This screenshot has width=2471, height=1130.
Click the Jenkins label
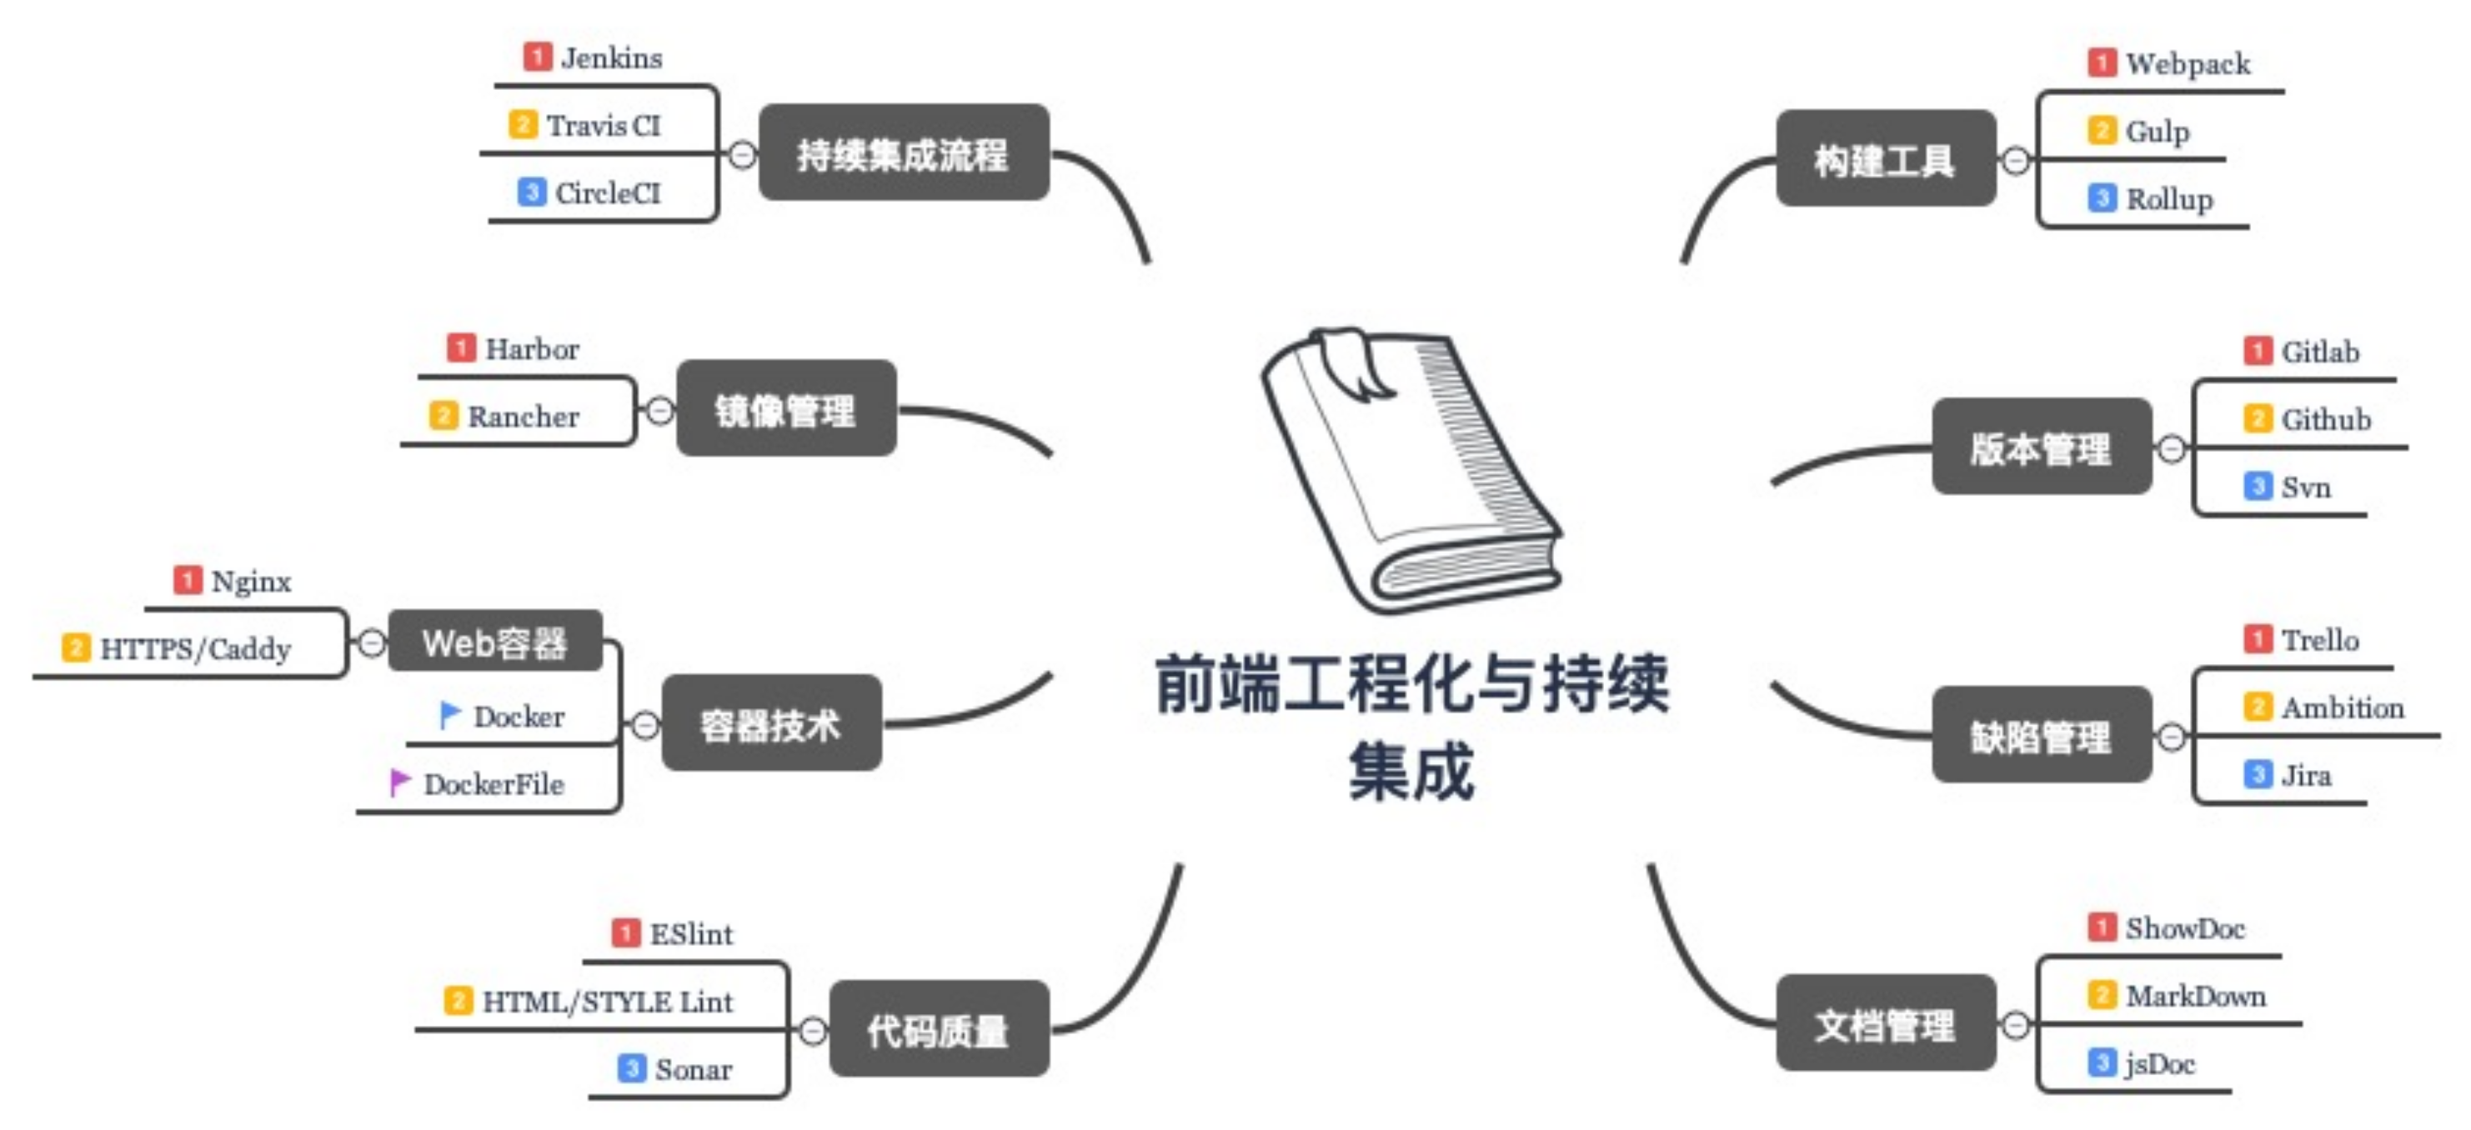pyautogui.click(x=611, y=58)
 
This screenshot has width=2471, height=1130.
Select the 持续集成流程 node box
pyautogui.click(x=903, y=153)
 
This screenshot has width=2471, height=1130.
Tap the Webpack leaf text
pyautogui.click(x=2187, y=64)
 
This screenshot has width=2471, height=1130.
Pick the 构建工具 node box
pyautogui.click(x=1885, y=159)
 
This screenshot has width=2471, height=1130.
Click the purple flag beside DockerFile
pyautogui.click(x=399, y=782)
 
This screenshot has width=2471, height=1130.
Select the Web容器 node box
pyautogui.click(x=495, y=642)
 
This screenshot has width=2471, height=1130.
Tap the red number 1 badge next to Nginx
pyautogui.click(x=187, y=580)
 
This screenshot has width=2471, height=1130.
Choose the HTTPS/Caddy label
pyautogui.click(x=196, y=649)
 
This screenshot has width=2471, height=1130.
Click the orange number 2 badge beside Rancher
pyautogui.click(x=442, y=415)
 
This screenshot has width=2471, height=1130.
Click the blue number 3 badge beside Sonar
pyautogui.click(x=631, y=1067)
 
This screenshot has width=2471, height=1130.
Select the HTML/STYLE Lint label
pyautogui.click(x=607, y=1002)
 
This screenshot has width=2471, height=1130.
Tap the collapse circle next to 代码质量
pyautogui.click(x=813, y=1031)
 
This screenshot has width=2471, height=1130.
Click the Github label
pyautogui.click(x=2325, y=419)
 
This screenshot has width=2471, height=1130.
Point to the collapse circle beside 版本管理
pyautogui.click(x=2172, y=448)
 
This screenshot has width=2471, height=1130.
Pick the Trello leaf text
pyautogui.click(x=2319, y=640)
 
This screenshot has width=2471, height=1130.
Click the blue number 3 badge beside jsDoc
pyautogui.click(x=2101, y=1062)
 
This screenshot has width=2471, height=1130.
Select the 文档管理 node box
pyautogui.click(x=1885, y=1023)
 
